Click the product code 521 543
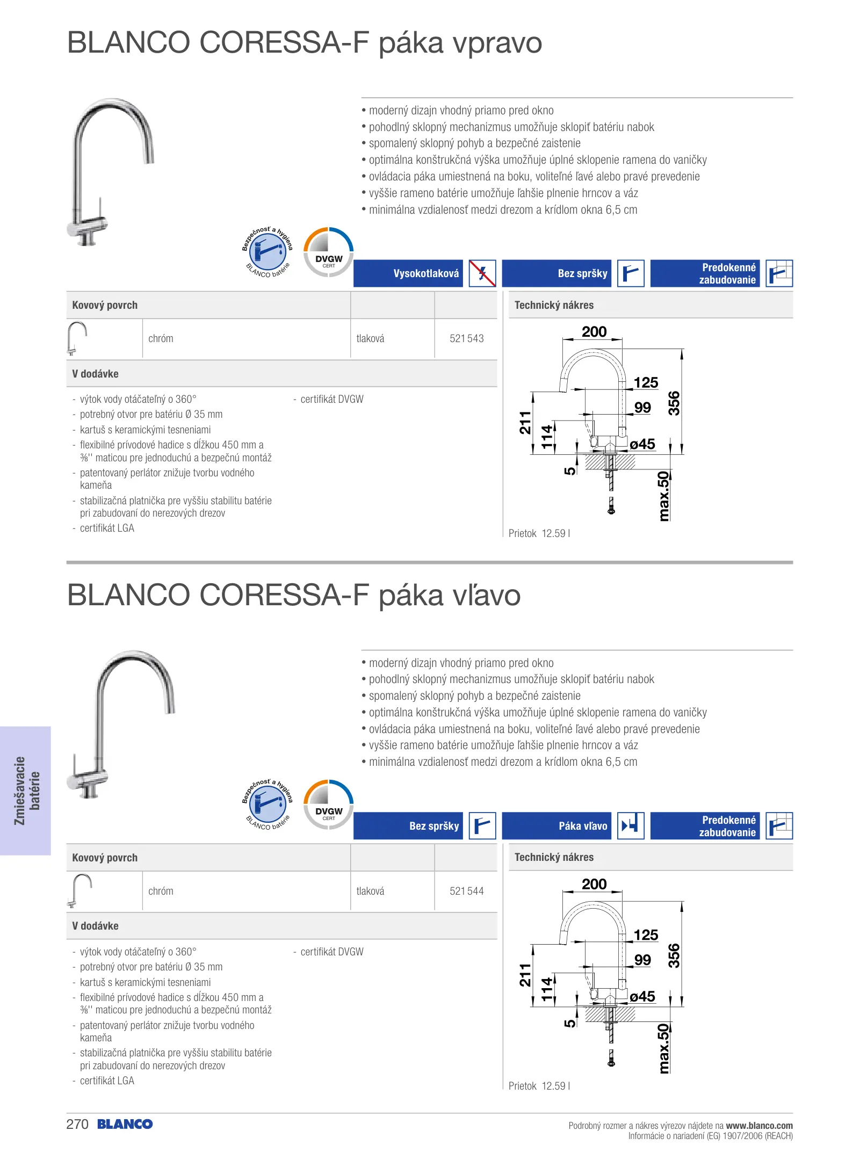tap(466, 338)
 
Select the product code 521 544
tap(466, 891)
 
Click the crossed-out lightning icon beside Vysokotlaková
tap(482, 273)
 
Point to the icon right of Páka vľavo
tap(631, 826)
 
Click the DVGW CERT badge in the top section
tap(329, 252)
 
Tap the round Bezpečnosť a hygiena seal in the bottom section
tap(268, 804)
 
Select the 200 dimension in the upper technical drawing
tap(594, 332)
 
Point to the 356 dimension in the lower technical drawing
tap(674, 956)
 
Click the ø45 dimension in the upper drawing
tap(642, 444)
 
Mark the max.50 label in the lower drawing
tap(664, 1048)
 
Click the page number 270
tap(77, 1124)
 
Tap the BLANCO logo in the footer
tap(125, 1124)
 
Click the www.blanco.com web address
tap(759, 1126)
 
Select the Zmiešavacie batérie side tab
tap(26, 791)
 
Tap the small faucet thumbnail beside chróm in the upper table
tap(76, 338)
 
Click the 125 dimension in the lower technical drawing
tap(646, 935)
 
